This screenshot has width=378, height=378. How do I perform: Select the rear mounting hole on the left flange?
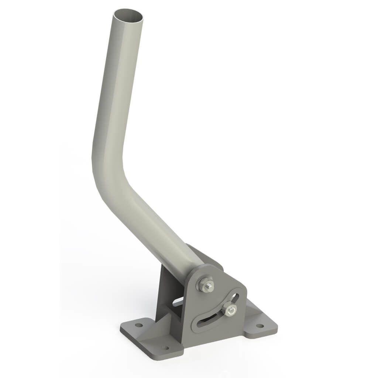coord(139,325)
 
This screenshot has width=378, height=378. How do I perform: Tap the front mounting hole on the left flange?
coord(165,348)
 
